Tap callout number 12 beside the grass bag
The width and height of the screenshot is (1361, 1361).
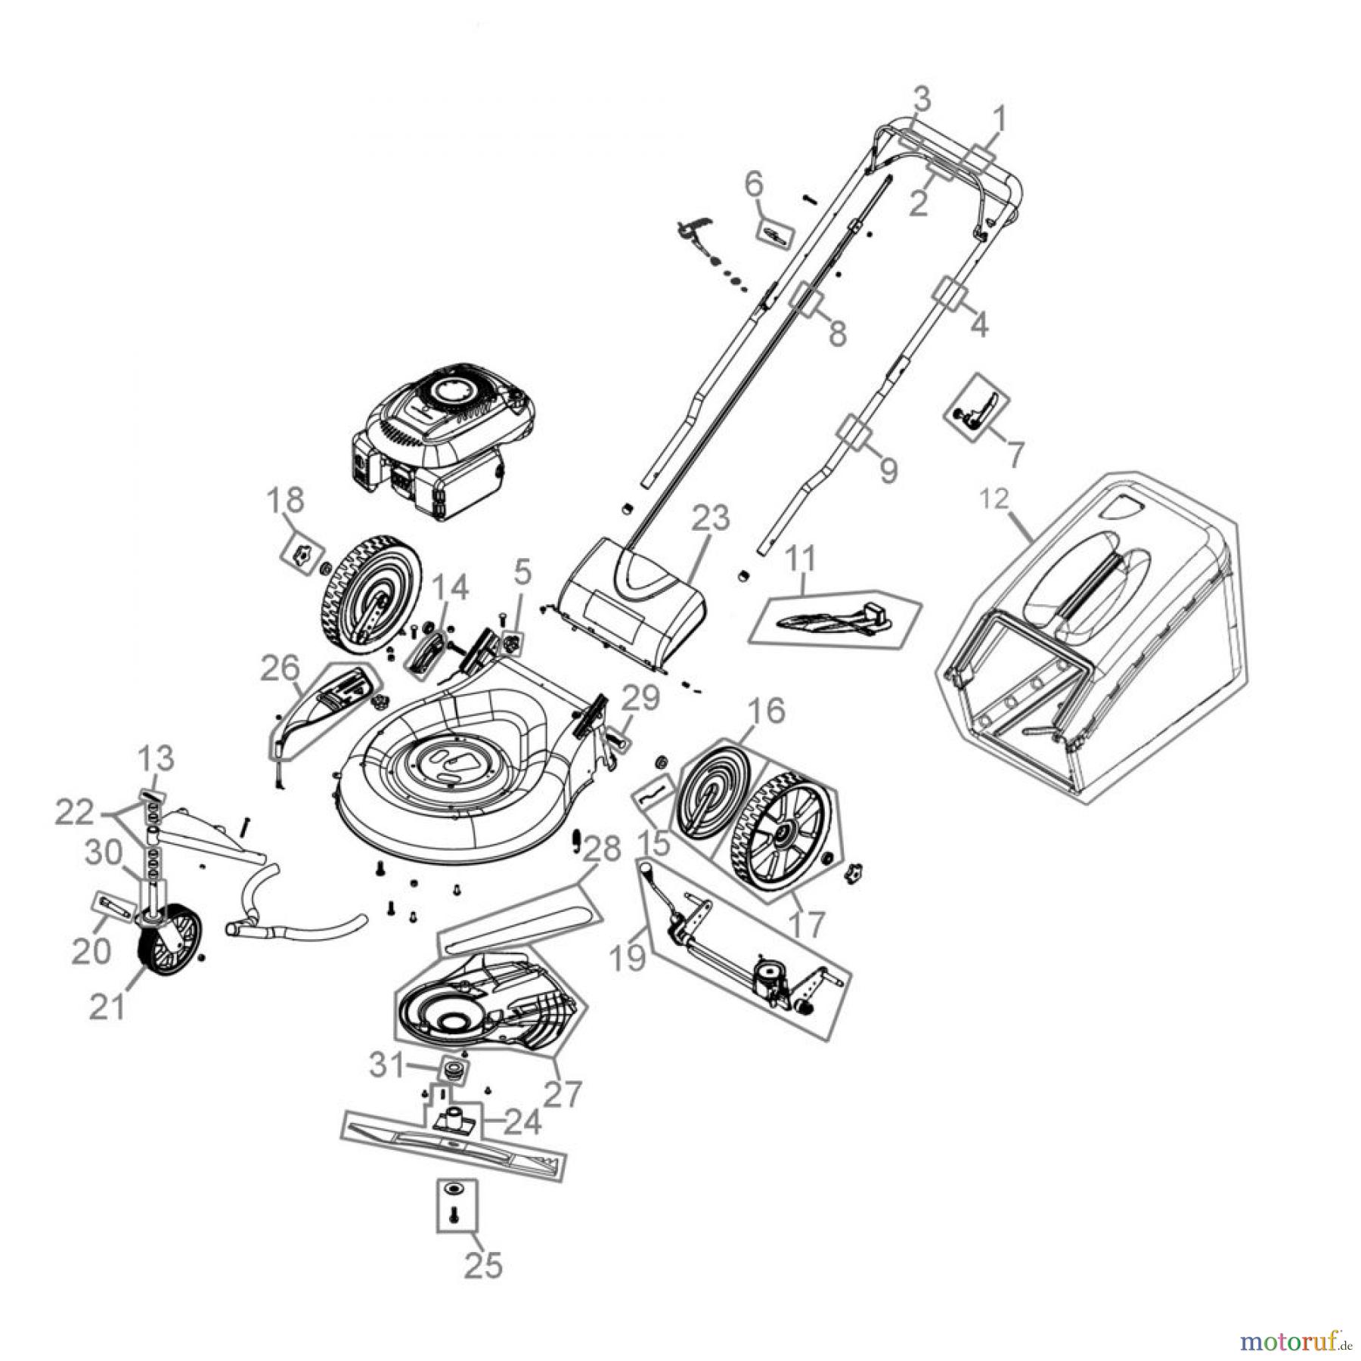click(995, 500)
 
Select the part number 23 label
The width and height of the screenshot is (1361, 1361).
click(712, 518)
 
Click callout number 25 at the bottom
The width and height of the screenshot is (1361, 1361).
click(483, 1263)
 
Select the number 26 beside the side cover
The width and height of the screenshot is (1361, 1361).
click(280, 668)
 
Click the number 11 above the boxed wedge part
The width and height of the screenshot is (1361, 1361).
click(801, 559)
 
